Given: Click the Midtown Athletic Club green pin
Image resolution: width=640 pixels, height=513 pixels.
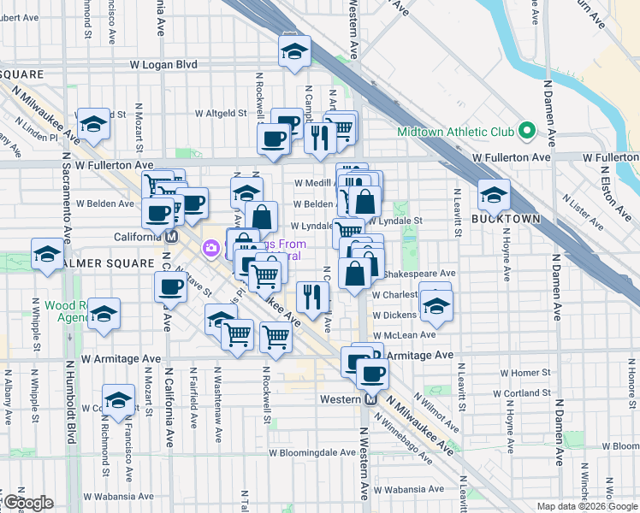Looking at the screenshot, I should tap(527, 132).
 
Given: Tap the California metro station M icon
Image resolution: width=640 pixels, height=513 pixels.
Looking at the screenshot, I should tap(171, 237).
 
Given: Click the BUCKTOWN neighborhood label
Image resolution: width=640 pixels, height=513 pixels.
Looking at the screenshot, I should tap(506, 219).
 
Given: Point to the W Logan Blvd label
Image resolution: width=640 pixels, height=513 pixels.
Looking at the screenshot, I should tap(163, 64).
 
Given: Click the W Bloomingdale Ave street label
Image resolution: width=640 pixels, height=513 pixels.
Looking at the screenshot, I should tap(312, 452).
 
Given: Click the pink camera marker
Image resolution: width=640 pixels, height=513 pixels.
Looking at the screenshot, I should tap(210, 248).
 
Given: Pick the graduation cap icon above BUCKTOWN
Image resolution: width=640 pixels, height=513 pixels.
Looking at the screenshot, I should tap(493, 197).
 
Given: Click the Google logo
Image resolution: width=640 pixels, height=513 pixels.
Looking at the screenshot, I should tap(28, 503).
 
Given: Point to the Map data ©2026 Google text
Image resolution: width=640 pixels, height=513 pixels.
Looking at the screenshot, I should tap(587, 506).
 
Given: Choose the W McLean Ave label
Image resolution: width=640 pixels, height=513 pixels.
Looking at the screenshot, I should tap(405, 335).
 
